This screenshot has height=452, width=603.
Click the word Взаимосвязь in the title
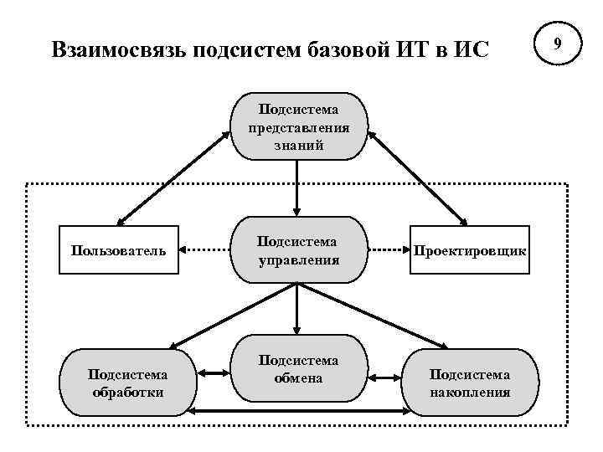click(x=118, y=49)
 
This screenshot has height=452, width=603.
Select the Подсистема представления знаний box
click(x=299, y=126)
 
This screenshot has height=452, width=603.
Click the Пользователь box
click(x=118, y=249)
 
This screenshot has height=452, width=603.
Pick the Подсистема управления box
click(x=299, y=249)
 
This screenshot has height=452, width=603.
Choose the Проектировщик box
click(x=470, y=249)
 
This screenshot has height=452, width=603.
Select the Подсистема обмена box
click(x=299, y=369)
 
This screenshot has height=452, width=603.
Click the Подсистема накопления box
click(x=470, y=383)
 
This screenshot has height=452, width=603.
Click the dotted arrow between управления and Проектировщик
click(x=389, y=249)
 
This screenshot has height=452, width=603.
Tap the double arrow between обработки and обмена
click(x=214, y=373)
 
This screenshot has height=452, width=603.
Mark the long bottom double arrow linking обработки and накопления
click(x=299, y=412)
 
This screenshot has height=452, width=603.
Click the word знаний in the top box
click(x=299, y=145)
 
